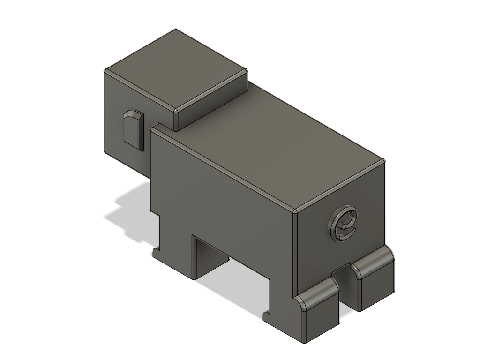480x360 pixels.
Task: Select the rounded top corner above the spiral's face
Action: tap(294, 211)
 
